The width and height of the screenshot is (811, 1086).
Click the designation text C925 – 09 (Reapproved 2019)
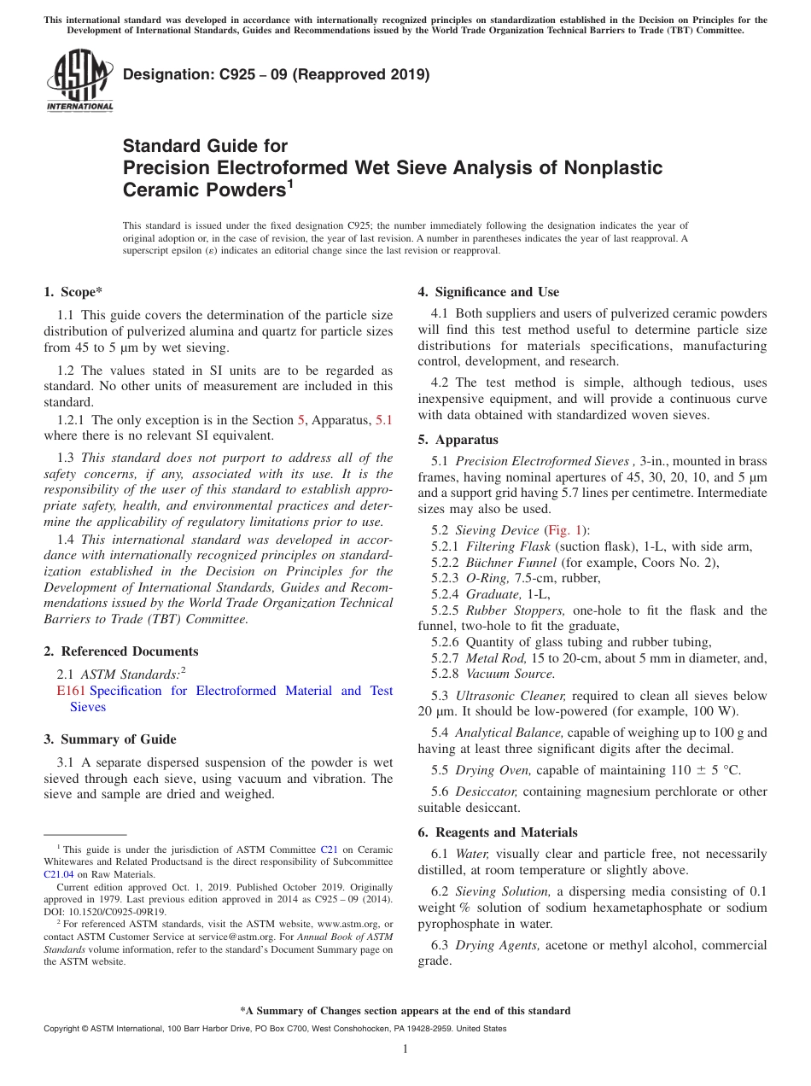[x=276, y=75]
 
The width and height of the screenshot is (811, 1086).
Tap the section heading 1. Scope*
[x=73, y=292]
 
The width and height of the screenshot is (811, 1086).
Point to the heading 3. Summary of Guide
[x=109, y=739]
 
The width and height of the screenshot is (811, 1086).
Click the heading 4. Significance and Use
[x=488, y=292]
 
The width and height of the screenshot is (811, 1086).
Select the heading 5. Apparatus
[x=458, y=441]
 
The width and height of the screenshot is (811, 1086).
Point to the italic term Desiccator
[x=487, y=791]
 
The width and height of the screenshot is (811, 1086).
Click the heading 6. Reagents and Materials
[x=498, y=832]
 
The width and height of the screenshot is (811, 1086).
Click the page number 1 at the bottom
[x=405, y=1048]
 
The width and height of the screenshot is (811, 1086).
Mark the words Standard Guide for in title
[x=206, y=146]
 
